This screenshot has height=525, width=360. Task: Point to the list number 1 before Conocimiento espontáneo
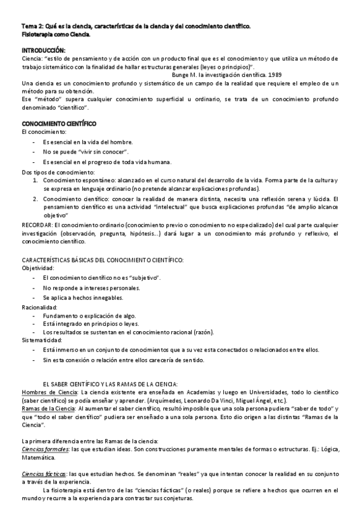pos(35,180)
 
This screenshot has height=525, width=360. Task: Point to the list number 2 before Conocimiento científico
pos(35,199)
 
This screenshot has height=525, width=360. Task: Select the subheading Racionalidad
pos(40,307)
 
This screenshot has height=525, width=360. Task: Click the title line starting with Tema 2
pos(136,26)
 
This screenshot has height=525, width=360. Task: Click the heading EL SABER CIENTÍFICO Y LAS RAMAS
pos(110,384)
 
